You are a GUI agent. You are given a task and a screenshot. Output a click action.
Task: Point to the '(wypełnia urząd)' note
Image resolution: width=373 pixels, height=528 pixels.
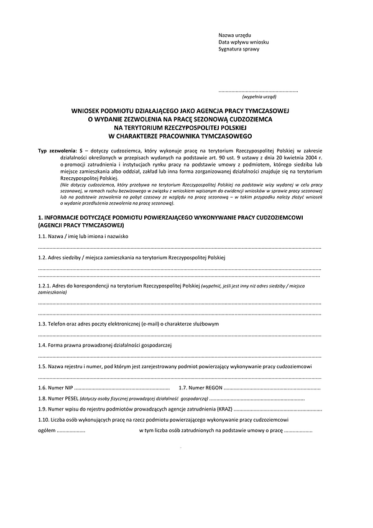[259, 98]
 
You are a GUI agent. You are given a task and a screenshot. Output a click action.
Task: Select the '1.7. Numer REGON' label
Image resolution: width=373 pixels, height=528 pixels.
[200, 387]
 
